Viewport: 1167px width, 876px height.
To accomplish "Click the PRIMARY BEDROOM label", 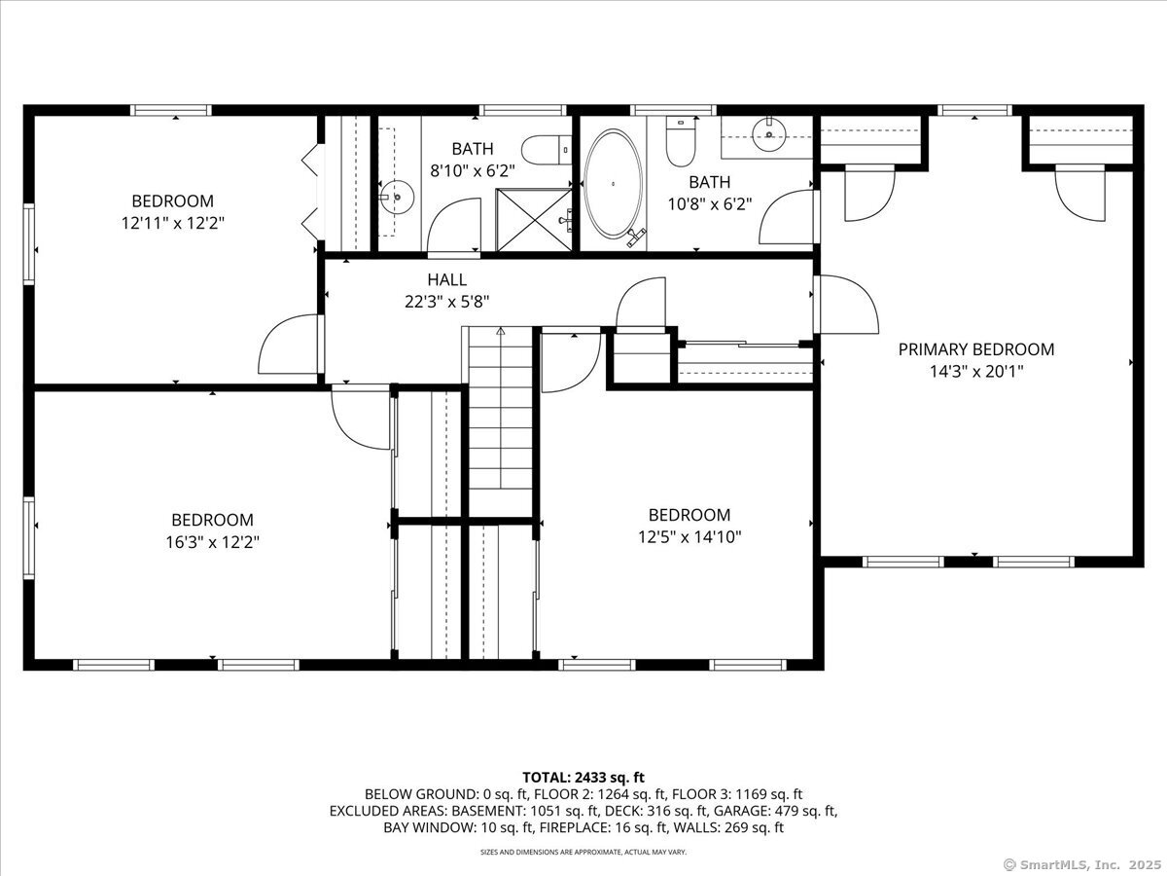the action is click(x=976, y=349).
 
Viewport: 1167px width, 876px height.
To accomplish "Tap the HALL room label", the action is click(x=447, y=279).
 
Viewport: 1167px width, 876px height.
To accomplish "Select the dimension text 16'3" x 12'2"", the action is click(x=213, y=542).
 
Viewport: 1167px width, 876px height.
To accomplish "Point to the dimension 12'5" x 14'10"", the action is click(x=690, y=537).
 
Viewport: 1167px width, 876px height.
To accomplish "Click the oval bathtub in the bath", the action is click(x=613, y=184).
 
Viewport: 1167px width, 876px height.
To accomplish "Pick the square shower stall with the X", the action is click(x=534, y=219).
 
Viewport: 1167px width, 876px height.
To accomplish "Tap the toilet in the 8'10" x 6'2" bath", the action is click(x=546, y=150).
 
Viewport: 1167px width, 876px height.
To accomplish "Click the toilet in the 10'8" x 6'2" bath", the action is click(x=681, y=141).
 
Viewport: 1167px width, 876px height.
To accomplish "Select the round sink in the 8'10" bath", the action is click(x=397, y=197).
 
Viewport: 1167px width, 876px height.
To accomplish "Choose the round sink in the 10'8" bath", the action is click(x=769, y=134).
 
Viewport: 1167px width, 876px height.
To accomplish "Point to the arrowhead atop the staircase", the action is click(x=500, y=331).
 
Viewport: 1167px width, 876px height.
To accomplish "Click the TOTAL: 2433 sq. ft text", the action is click(x=583, y=777).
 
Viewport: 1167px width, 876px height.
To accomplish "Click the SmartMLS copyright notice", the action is click(x=1081, y=863).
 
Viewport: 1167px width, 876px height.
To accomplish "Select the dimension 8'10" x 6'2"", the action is click(x=473, y=170).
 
